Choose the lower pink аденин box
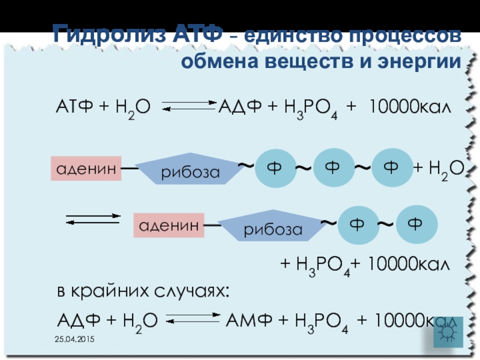pyautogui.click(x=169, y=225)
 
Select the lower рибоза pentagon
pyautogui.click(x=272, y=228)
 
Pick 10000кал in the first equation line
pyautogui.click(x=409, y=107)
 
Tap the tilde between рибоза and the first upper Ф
pyautogui.click(x=245, y=164)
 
